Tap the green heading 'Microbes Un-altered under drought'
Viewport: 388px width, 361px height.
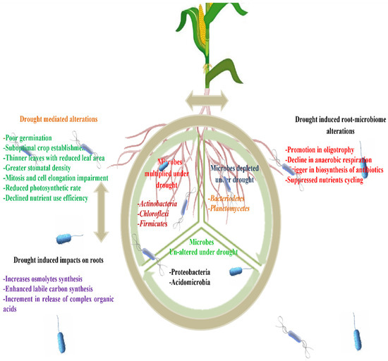194,245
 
